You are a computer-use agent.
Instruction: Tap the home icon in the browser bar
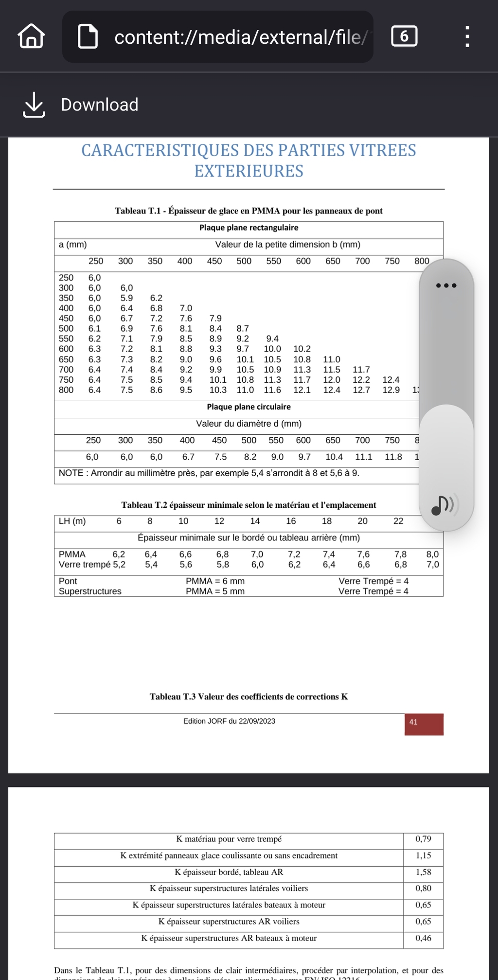tap(32, 36)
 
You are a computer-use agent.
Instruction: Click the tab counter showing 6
tap(404, 36)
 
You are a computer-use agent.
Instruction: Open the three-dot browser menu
tap(467, 36)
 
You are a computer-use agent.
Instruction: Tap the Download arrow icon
tap(34, 105)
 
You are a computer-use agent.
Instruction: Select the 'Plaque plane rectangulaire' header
tap(249, 228)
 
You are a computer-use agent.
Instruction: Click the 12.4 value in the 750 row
tap(391, 380)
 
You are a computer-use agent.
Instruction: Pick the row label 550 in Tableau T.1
tap(66, 339)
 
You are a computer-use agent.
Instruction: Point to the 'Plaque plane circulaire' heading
tap(249, 407)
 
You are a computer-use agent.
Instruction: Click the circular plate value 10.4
tap(334, 457)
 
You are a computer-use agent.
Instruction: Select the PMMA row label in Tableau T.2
tap(72, 554)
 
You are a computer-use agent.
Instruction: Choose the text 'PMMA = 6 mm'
tap(215, 581)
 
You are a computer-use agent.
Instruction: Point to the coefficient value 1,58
tap(423, 872)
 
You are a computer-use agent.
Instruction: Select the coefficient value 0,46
tap(423, 938)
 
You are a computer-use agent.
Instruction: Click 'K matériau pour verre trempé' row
tap(229, 839)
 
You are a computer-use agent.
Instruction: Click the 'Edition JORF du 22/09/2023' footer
tap(229, 721)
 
